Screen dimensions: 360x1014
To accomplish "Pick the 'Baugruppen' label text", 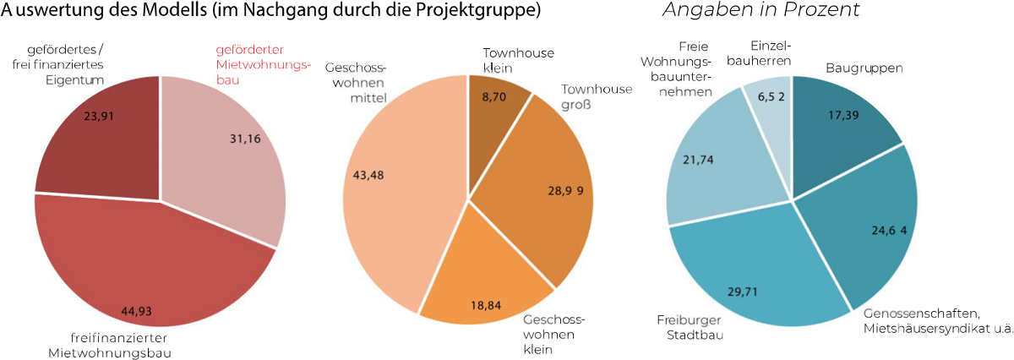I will pos(864,67).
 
